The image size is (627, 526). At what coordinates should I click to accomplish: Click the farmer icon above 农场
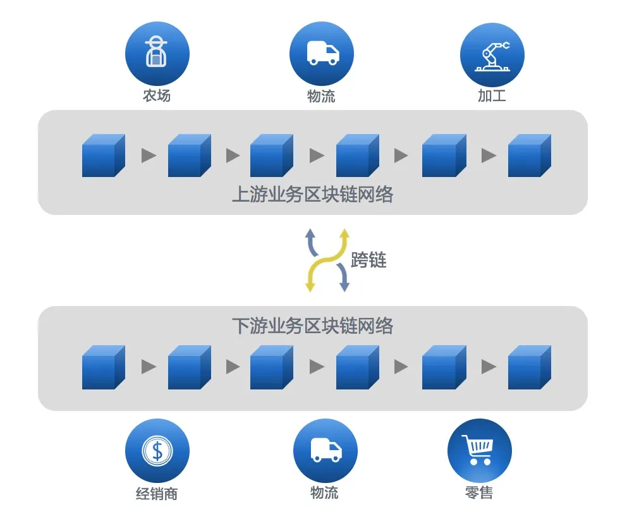(157, 54)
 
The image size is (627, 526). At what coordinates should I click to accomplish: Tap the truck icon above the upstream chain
(321, 54)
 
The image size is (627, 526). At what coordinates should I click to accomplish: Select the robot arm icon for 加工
(492, 54)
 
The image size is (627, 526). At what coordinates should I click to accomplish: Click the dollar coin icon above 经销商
(157, 451)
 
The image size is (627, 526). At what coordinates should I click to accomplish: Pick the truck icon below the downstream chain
(325, 451)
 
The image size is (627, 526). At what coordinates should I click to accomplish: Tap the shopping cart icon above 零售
(479, 451)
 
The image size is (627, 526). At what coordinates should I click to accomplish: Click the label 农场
(157, 97)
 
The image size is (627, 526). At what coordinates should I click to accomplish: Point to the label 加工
(492, 97)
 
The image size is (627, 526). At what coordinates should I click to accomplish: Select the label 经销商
(157, 494)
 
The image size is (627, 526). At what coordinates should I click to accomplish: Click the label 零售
(479, 492)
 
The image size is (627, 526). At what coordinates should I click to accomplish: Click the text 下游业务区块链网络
(313, 326)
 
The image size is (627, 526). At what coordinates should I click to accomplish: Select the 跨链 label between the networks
(368, 260)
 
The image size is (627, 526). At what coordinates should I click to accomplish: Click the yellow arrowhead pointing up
(344, 233)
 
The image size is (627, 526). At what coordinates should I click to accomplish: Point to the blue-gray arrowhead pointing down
(344, 287)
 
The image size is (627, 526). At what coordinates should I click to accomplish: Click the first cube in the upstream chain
(103, 156)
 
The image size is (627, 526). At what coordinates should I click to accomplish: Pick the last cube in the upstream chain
(529, 156)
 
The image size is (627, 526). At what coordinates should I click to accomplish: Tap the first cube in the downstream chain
(103, 368)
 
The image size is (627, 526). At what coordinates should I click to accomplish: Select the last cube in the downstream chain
(529, 368)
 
